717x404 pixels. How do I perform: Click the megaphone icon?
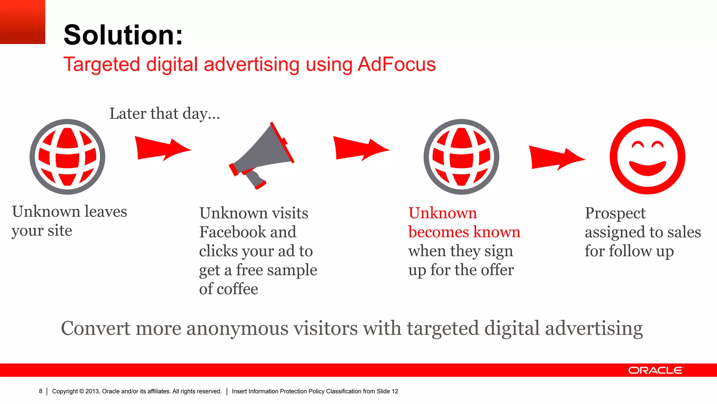click(x=262, y=156)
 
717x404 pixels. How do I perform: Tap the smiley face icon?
click(x=647, y=156)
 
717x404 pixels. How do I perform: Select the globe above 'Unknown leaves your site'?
click(x=67, y=156)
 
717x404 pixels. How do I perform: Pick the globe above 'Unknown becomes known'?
click(x=461, y=156)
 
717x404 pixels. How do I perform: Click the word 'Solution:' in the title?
click(x=123, y=35)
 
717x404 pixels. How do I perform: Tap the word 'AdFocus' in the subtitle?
click(x=396, y=65)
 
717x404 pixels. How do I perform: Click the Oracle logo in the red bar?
click(x=655, y=370)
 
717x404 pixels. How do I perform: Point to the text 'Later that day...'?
click(x=165, y=114)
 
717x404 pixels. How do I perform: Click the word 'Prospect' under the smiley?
click(x=615, y=213)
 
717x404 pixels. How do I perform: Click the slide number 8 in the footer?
click(x=41, y=391)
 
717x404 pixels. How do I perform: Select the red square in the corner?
click(x=22, y=22)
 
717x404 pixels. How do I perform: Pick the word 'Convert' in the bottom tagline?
click(x=96, y=328)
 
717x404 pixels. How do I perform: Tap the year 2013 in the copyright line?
click(x=92, y=391)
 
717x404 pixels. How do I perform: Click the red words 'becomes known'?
click(x=464, y=232)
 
